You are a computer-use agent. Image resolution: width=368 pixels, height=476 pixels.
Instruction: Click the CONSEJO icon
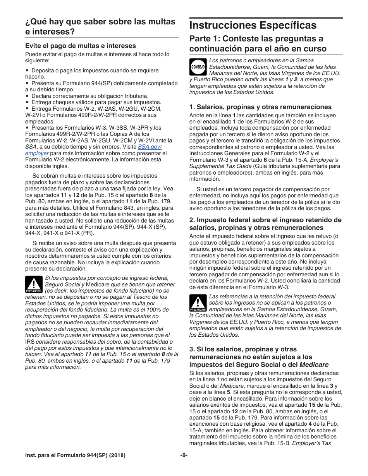198,67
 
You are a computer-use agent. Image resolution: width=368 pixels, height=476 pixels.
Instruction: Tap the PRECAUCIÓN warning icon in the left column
34,284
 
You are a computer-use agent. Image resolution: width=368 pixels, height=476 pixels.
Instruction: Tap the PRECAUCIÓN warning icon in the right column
198,303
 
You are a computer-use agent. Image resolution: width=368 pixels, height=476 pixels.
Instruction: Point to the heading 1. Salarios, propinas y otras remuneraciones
260,107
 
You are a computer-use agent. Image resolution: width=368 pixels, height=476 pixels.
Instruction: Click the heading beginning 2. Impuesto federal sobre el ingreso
265,224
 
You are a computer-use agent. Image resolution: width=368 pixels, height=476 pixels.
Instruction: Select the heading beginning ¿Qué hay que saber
100,26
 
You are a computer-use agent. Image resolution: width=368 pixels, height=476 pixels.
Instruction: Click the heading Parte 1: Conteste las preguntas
256,44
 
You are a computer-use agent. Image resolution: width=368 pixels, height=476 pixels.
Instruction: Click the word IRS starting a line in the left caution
30,342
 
